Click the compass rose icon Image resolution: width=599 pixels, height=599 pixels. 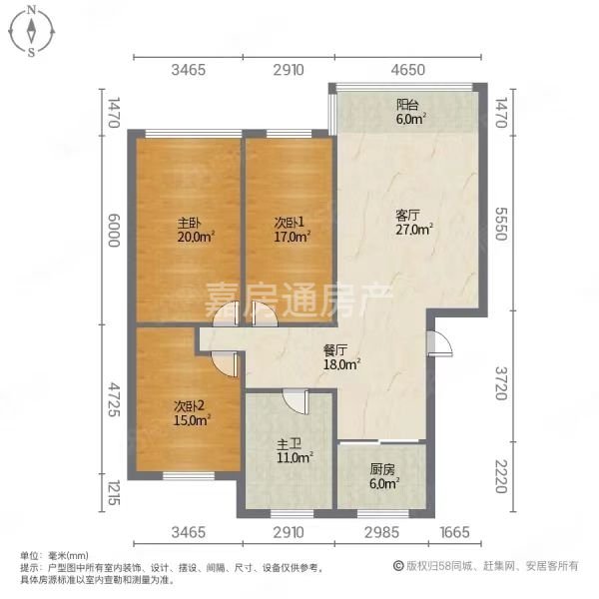pos(31,31)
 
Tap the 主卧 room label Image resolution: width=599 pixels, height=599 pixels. pos(190,223)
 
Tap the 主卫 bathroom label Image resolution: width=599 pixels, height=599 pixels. pos(289,444)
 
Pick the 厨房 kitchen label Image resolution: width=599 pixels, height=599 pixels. pos(382,469)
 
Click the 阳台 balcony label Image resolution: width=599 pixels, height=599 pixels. pos(407,105)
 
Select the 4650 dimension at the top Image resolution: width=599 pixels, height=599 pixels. pos(408,70)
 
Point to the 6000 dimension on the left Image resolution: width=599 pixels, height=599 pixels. pos(114,230)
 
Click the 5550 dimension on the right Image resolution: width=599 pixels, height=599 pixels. pos(501,224)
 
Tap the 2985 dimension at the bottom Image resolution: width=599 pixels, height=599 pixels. pos(381,532)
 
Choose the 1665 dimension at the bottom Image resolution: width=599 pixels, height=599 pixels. pos(454,532)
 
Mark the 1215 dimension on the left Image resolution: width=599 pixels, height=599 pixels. pos(114,492)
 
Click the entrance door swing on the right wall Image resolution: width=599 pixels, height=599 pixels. pos(440,343)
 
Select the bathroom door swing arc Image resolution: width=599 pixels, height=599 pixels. pos(296,402)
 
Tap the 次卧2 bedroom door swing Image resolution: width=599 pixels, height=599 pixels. pos(225,364)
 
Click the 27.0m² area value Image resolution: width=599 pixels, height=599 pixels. pos(414,230)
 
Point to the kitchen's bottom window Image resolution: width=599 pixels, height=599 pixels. pos(383,514)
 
